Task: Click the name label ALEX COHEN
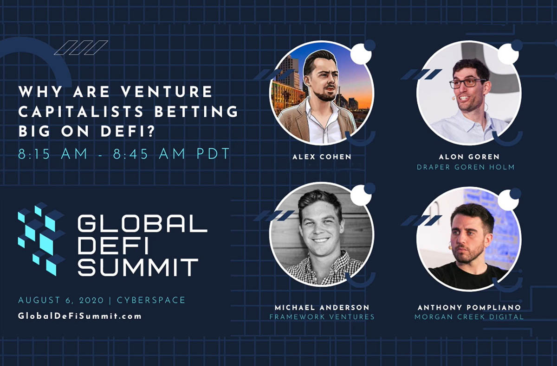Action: click(322, 157)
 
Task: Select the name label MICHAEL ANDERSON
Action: click(322, 308)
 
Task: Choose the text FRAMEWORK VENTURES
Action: click(322, 317)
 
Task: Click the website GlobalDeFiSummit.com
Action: click(80, 316)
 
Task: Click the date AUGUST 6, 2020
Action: click(61, 300)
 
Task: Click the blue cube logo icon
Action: click(41, 238)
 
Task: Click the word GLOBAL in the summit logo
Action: click(142, 224)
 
